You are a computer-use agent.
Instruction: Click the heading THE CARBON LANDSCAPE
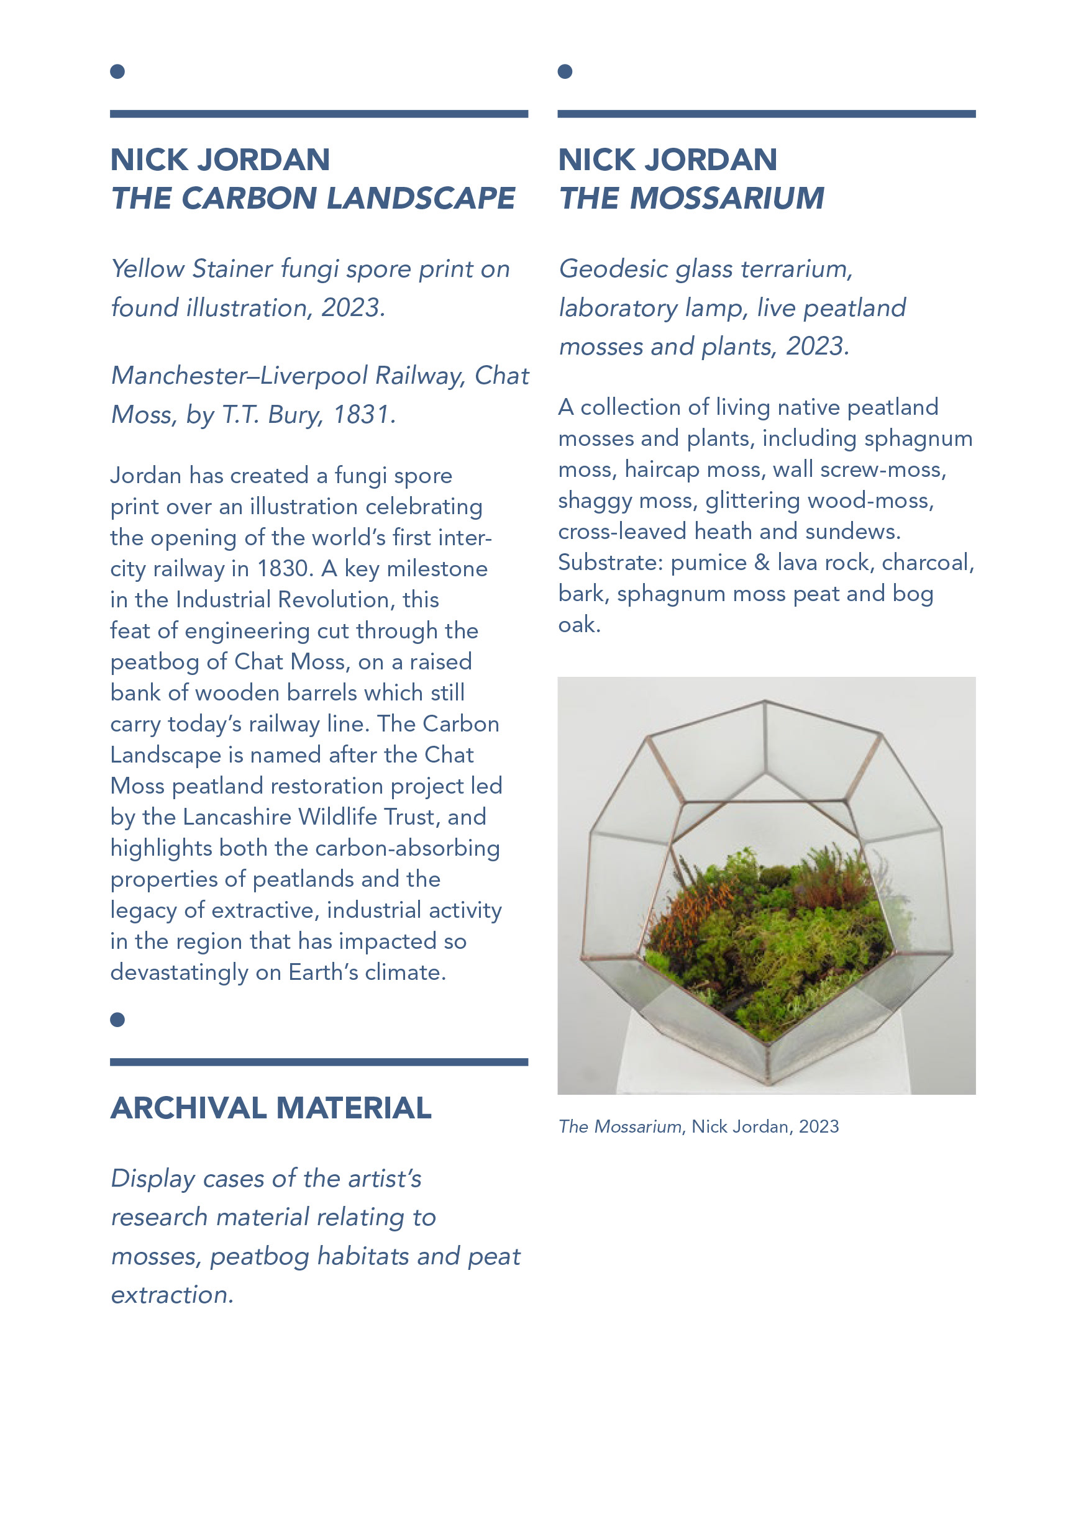pyautogui.click(x=313, y=199)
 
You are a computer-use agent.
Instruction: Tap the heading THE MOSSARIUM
pyautogui.click(x=691, y=199)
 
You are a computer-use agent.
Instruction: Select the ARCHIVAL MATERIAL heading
pyautogui.click(x=270, y=1107)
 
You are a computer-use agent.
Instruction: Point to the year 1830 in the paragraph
pyautogui.click(x=285, y=569)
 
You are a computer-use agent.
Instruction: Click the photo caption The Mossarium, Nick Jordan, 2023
pyautogui.click(x=698, y=1126)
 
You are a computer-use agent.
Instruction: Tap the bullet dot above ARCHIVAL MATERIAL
pyautogui.click(x=117, y=1020)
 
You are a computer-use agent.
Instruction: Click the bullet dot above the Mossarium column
pyautogui.click(x=565, y=72)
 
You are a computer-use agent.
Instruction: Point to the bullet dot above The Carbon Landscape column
pyautogui.click(x=117, y=72)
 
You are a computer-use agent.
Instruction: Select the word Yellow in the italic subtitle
pyautogui.click(x=148, y=269)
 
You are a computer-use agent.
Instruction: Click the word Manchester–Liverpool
pyautogui.click(x=237, y=376)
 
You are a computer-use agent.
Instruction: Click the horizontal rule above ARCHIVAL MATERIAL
pyautogui.click(x=319, y=1062)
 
